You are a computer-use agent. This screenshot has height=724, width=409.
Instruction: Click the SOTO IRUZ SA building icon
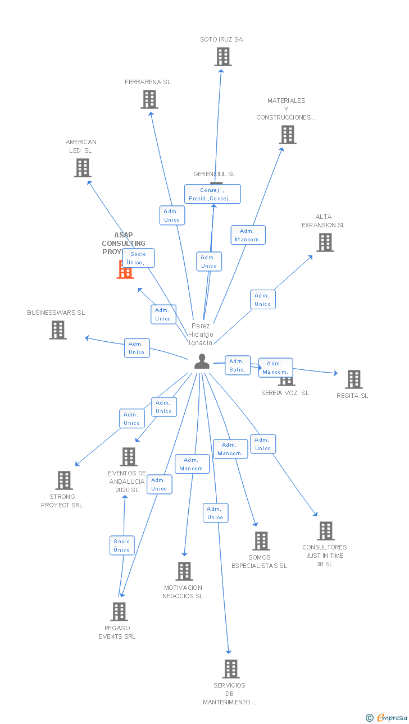(x=223, y=57)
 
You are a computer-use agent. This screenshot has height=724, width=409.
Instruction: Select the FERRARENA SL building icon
(x=149, y=99)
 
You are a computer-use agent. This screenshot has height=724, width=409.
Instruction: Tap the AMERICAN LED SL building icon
(x=83, y=168)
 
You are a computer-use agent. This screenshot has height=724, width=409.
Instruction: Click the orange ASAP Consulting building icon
(x=125, y=271)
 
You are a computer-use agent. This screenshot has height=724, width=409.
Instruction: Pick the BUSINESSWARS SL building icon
(x=58, y=330)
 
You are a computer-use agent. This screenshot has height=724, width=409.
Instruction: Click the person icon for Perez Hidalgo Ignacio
(x=202, y=361)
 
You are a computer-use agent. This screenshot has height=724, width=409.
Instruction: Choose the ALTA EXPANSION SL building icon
(x=325, y=242)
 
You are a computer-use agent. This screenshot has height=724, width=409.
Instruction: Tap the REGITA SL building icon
(x=354, y=379)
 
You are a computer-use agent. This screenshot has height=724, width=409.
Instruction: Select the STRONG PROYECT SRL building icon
(x=64, y=480)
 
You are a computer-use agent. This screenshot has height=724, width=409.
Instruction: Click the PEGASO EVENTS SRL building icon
(x=119, y=612)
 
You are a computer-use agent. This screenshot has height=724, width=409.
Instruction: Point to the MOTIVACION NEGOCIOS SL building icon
(x=184, y=571)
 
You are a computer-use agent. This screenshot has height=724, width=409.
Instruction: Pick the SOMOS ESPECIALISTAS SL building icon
(x=261, y=541)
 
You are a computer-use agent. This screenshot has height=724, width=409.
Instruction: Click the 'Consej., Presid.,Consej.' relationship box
(x=212, y=194)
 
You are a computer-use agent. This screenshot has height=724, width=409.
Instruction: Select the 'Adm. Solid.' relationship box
(x=237, y=365)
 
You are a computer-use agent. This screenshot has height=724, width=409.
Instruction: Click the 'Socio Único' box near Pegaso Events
(x=122, y=546)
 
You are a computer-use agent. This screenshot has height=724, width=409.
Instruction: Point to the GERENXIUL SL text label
(x=214, y=174)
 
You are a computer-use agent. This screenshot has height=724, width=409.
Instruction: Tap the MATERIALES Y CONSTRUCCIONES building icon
(x=288, y=135)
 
